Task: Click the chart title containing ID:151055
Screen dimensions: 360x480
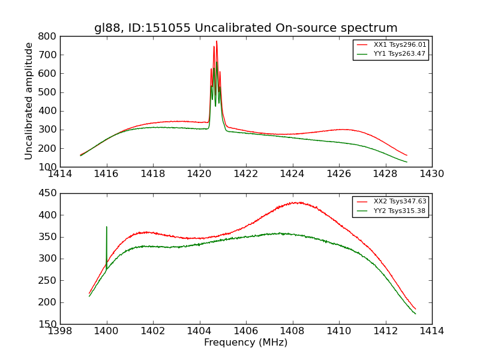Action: click(245, 28)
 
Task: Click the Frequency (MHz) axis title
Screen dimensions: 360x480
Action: click(245, 343)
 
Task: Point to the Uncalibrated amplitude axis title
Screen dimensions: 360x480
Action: click(29, 101)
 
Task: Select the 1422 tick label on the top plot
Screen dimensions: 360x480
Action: click(246, 174)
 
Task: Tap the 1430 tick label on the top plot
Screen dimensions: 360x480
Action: click(431, 174)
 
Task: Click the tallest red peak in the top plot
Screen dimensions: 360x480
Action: click(217, 41)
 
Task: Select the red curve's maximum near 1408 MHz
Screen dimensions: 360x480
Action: click(297, 202)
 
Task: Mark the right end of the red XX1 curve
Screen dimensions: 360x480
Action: click(407, 155)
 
